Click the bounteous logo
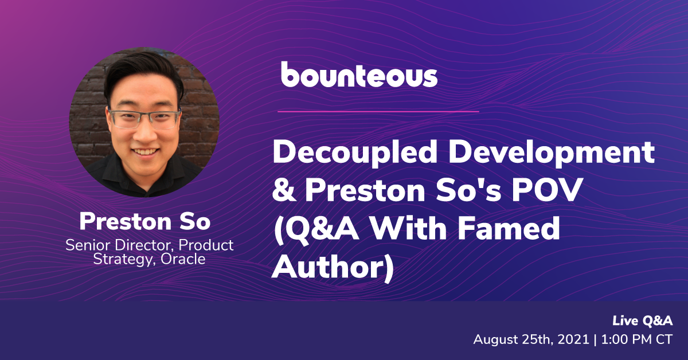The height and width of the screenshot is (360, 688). [359, 75]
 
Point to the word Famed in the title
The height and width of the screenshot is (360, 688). [509, 228]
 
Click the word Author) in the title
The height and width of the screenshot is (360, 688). [333, 267]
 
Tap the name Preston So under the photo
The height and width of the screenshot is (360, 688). [145, 221]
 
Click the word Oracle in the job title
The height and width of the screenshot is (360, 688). [183, 259]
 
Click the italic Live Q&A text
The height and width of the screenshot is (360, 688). [642, 321]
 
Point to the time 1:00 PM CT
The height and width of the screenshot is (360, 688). [637, 340]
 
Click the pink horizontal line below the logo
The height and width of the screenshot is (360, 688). [378, 112]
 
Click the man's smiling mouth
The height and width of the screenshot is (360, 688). [145, 152]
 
